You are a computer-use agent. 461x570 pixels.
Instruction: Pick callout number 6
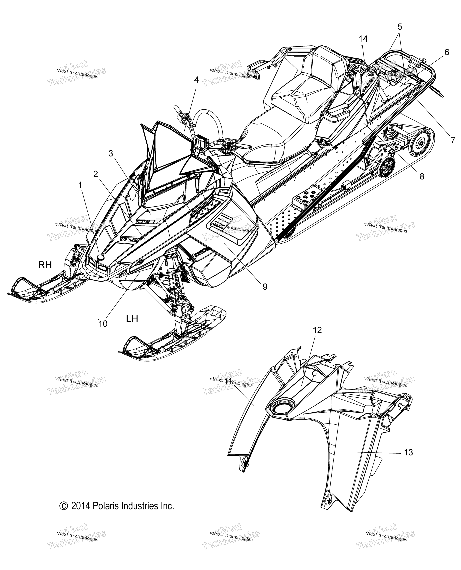click(447, 52)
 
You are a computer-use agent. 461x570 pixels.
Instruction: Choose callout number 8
click(422, 176)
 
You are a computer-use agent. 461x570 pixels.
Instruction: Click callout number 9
click(265, 287)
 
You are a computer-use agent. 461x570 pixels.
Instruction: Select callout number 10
click(103, 324)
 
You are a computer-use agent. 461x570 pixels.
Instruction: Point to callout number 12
click(317, 330)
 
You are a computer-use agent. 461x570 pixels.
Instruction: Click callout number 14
click(363, 39)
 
